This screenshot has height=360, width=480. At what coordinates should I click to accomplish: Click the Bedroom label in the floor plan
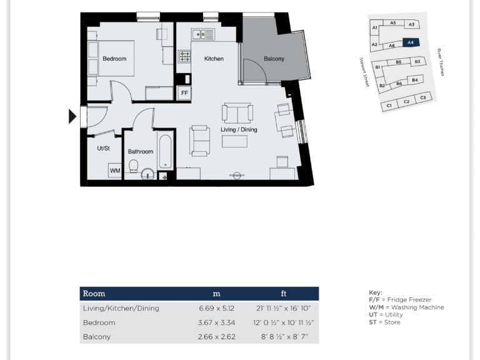[x=114, y=59]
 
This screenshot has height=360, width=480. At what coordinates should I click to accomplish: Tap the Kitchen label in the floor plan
[x=214, y=59]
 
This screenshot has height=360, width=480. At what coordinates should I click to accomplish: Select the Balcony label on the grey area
[x=274, y=59]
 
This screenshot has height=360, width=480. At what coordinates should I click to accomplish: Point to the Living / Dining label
[x=239, y=129]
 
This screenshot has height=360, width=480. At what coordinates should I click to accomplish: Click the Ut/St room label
[x=103, y=148]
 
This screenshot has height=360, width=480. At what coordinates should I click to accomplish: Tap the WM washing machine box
[x=114, y=170]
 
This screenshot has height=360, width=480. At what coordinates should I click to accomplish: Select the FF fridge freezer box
[x=184, y=93]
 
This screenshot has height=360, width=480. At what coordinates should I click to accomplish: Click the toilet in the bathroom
[x=133, y=166]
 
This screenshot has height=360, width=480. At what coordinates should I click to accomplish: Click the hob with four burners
[x=186, y=57]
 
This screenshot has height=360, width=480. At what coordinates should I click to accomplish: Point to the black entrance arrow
[x=72, y=116]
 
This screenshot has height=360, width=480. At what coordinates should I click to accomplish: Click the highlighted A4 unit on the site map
[x=410, y=43]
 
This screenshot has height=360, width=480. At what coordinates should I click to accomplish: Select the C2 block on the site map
[x=406, y=101]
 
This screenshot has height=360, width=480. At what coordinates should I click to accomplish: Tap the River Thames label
[x=440, y=62]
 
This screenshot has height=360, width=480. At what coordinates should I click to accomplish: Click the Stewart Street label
[x=364, y=72]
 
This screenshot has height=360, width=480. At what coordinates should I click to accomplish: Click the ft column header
[x=283, y=294]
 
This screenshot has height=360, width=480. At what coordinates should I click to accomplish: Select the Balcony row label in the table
[x=97, y=337]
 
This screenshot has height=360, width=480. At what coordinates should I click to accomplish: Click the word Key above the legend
[x=376, y=292]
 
